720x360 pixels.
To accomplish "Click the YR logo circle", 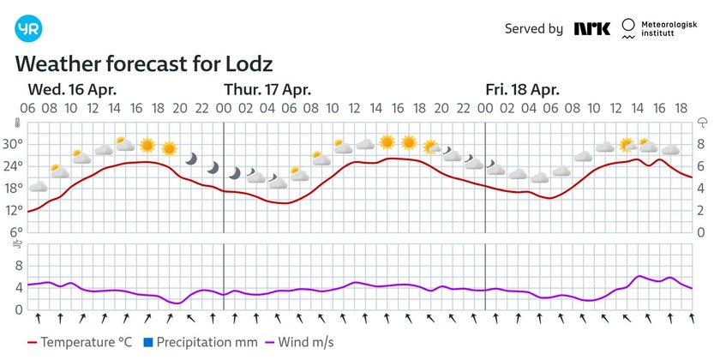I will [x=28, y=28].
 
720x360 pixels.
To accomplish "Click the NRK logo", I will [x=592, y=29].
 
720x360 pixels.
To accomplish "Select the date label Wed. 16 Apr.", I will [x=72, y=90].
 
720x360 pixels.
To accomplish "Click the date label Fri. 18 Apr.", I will [x=522, y=90].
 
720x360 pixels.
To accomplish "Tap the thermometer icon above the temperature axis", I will [x=16, y=123].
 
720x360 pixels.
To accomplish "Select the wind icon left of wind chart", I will [x=16, y=245].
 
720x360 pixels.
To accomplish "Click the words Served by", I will [x=533, y=29].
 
